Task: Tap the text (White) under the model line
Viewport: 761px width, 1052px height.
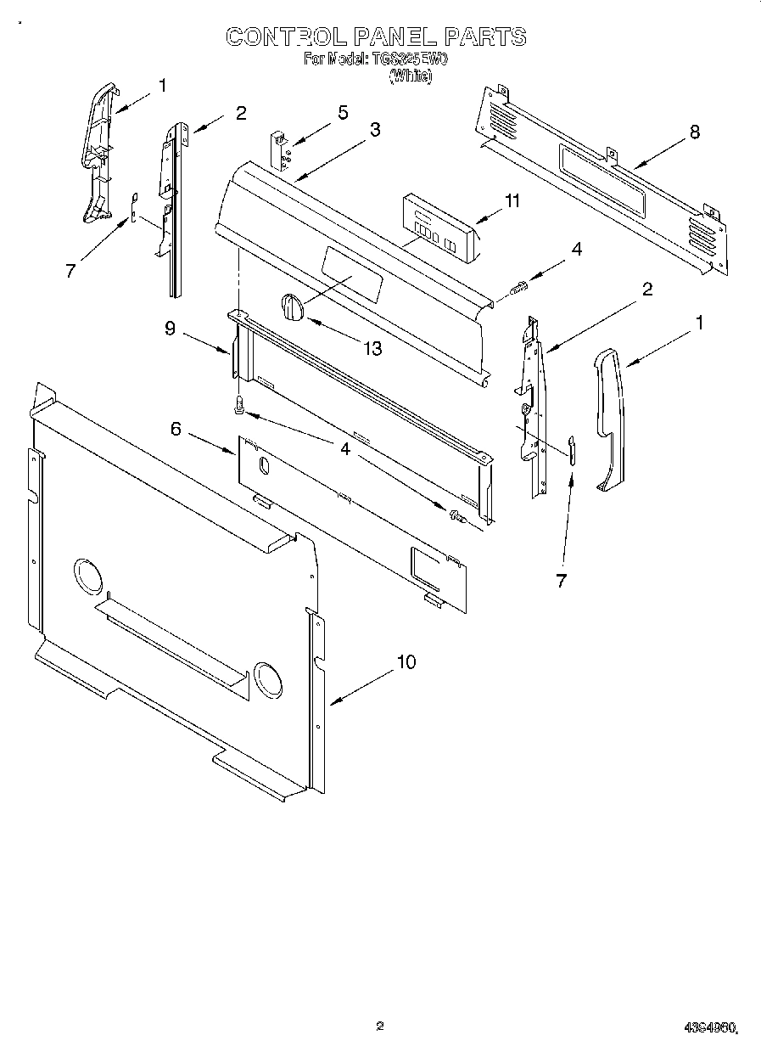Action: (x=411, y=76)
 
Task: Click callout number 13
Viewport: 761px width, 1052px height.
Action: (x=371, y=348)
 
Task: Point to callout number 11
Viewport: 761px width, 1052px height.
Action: (x=512, y=200)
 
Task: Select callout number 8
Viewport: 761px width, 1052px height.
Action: (x=695, y=132)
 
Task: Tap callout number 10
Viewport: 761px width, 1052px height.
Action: (x=406, y=661)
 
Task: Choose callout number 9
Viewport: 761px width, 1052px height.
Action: (x=170, y=329)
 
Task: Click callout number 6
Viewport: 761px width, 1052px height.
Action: (x=176, y=429)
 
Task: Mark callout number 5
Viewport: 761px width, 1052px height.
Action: (x=343, y=112)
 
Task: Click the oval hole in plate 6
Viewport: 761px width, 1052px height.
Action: (x=263, y=464)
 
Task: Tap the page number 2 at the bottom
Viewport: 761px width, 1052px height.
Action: (x=380, y=1026)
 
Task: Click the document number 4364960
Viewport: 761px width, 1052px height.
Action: (x=709, y=1028)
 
